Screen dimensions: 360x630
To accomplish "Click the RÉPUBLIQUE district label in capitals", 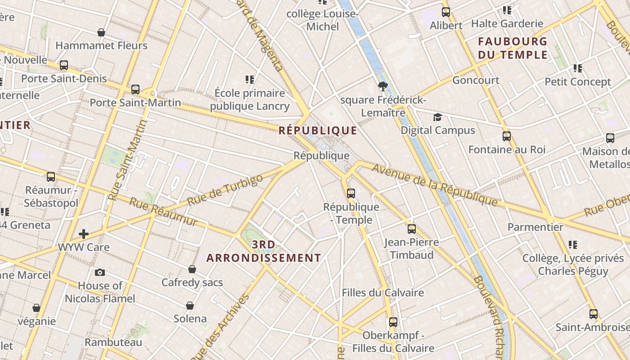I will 318,130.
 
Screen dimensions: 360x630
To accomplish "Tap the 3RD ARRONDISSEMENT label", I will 264,251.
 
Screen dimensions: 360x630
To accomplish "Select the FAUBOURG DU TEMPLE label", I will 513,48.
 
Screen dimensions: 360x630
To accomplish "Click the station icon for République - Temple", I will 351,193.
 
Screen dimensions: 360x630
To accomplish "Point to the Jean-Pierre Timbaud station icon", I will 412,229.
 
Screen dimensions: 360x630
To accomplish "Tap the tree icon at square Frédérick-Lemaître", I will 383,86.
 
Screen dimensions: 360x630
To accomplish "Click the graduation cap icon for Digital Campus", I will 437,117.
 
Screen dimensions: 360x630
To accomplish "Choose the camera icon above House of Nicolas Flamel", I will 100,272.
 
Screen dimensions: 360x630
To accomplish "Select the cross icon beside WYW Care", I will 84,234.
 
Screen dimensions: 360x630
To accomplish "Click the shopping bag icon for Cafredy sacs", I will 192,269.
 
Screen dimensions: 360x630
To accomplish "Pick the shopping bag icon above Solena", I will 190,306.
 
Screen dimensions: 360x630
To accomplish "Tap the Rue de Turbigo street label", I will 225,190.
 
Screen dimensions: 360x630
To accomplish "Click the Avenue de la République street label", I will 435,185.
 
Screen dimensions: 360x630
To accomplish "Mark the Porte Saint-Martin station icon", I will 135,90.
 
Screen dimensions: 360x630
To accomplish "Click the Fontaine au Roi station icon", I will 507,136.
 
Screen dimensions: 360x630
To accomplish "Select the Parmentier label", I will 535,227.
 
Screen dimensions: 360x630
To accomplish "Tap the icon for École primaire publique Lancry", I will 250,80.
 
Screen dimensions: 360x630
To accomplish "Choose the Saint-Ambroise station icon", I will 594,314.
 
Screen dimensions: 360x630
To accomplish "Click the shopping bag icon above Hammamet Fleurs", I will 101,32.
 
